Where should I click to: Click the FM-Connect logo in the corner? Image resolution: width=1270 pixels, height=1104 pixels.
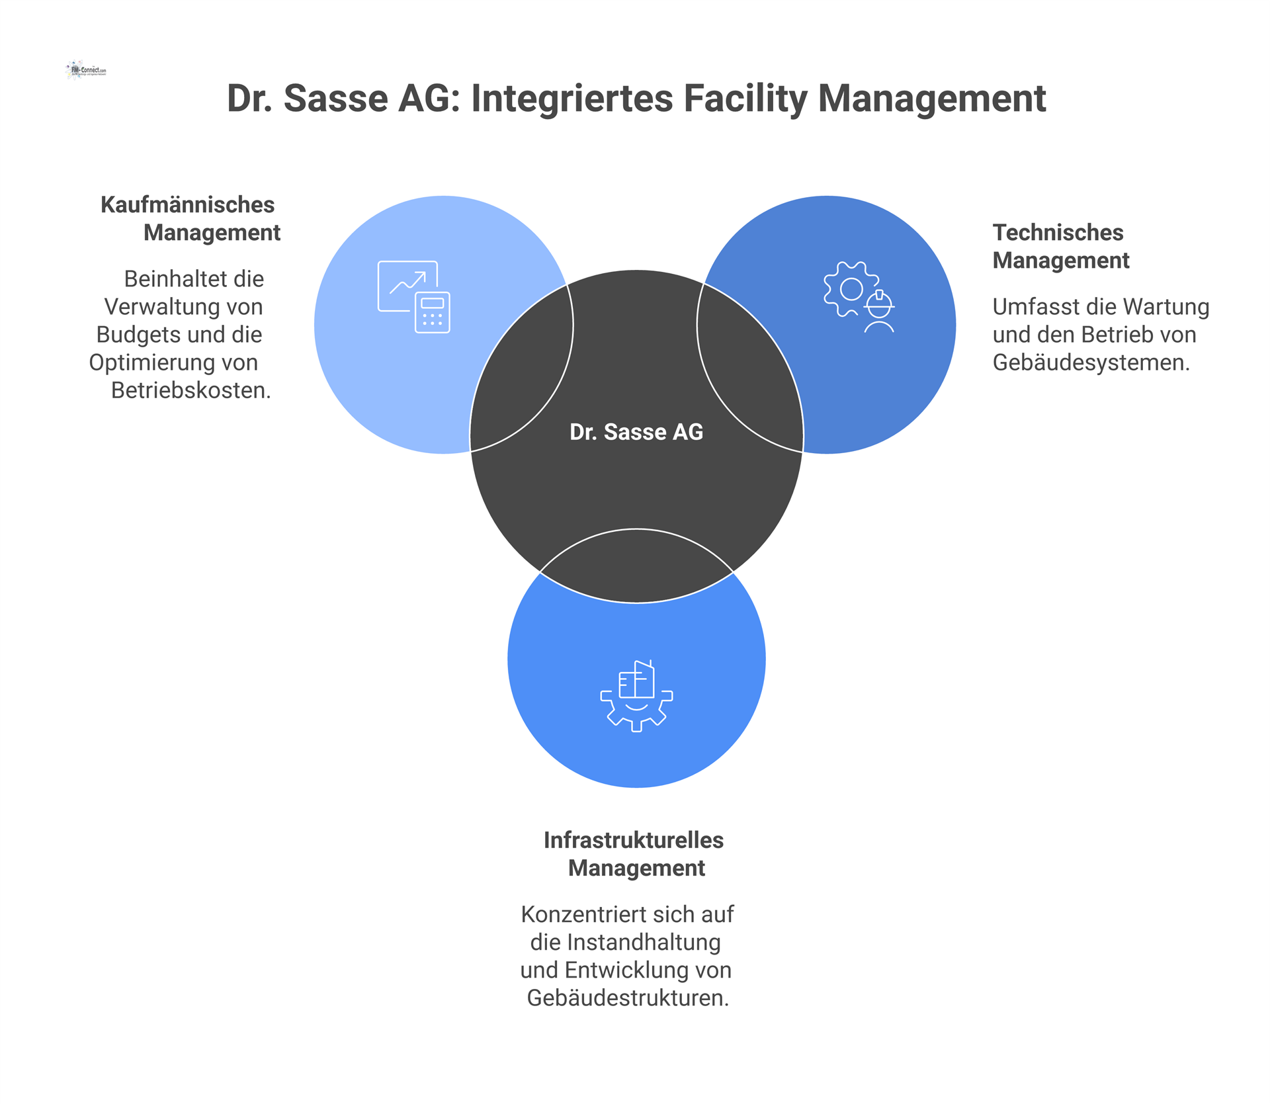pos(87,69)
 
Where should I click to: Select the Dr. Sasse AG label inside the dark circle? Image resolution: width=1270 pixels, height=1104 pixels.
pos(636,432)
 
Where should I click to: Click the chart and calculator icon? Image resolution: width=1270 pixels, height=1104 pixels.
pos(414,296)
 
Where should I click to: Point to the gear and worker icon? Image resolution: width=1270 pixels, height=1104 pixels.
pos(859,297)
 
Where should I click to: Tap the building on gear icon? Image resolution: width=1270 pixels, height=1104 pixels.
pos(636,696)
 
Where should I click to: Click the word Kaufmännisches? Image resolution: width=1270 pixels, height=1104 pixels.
pos(187,205)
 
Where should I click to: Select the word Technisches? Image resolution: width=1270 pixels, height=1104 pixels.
pos(1058,233)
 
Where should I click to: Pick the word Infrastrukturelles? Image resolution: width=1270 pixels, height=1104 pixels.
pos(634,840)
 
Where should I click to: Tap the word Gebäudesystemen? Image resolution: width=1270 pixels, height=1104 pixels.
pos(1091,362)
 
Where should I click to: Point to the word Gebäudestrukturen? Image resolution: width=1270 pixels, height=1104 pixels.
pos(627,998)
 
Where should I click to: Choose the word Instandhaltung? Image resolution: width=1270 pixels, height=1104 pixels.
pos(644,942)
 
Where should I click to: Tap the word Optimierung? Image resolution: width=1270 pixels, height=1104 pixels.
pos(153,362)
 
